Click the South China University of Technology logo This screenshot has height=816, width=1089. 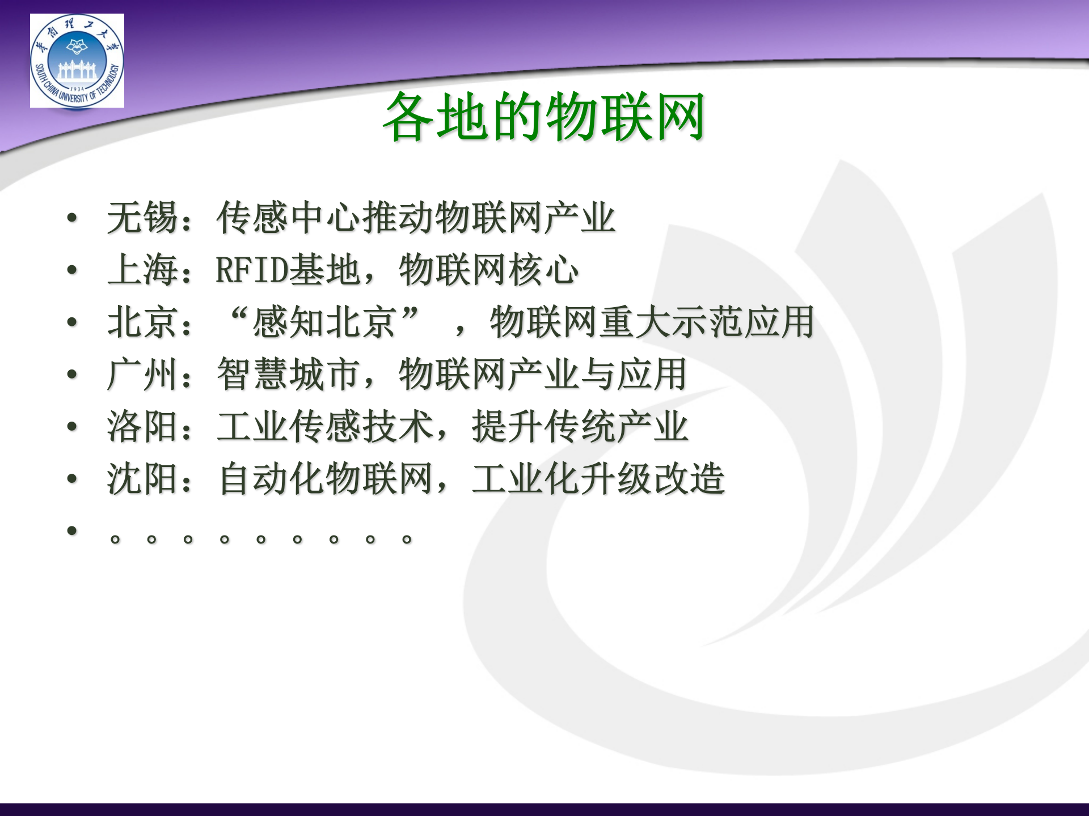(x=77, y=61)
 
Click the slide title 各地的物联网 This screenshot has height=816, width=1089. (x=543, y=117)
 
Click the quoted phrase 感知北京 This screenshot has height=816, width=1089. (x=324, y=322)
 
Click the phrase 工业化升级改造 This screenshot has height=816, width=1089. (x=598, y=479)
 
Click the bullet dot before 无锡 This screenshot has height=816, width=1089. (x=71, y=218)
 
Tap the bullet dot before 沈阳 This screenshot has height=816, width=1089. (x=71, y=479)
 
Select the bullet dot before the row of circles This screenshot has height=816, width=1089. (x=71, y=531)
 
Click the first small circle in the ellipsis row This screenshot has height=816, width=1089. (x=115, y=539)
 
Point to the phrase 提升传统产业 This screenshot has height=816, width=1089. (x=580, y=427)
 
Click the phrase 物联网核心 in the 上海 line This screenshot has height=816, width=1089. (x=489, y=270)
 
